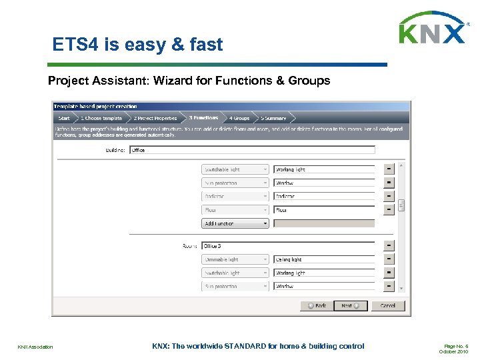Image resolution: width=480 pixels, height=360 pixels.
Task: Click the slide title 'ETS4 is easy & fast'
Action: click(137, 45)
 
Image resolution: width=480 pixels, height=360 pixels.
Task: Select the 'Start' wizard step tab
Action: click(63, 118)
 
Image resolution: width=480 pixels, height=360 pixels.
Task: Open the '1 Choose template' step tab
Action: click(101, 118)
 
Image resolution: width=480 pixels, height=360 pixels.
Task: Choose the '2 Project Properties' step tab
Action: click(155, 118)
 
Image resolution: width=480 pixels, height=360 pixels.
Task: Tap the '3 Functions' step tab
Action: click(203, 118)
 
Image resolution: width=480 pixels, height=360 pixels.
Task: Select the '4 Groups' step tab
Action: click(239, 118)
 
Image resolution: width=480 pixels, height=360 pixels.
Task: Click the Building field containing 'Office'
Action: click(252, 150)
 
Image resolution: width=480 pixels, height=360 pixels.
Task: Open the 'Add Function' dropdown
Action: click(235, 223)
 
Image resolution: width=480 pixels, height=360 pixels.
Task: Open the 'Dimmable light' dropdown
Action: click(235, 259)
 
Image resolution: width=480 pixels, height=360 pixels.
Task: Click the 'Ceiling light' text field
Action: click(324, 259)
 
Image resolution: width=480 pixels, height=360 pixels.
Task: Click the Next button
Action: click(350, 305)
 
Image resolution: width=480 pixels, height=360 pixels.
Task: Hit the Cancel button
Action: click(387, 305)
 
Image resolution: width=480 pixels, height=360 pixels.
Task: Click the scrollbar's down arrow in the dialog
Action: click(401, 288)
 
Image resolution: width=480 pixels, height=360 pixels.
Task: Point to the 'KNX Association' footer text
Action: click(35, 347)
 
